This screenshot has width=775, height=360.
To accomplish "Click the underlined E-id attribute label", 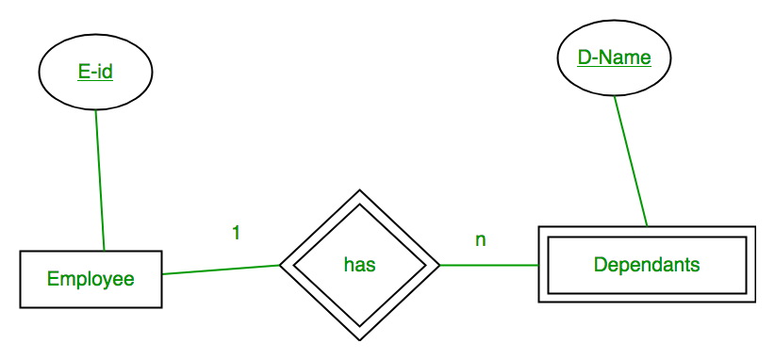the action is coord(95,73).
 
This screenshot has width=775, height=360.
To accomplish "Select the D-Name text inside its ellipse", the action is coord(615,57).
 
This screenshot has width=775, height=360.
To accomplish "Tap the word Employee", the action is coord(91,279).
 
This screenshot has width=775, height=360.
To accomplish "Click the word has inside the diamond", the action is coord(360,265).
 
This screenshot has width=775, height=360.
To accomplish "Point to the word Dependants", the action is coord(647,265).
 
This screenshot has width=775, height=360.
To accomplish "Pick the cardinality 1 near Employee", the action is coord(237,233).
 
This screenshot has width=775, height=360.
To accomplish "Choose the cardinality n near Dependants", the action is coord(481,240).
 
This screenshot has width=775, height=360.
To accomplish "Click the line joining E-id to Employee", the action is coord(100,180).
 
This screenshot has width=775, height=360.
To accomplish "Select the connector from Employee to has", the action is coord(221,270).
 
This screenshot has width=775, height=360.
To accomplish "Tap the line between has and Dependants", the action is coord(488,265).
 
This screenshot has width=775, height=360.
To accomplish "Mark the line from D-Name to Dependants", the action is coord(631,161).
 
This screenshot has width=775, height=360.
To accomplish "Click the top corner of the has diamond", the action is coord(360,189).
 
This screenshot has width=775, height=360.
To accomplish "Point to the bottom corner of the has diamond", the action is coord(360,340).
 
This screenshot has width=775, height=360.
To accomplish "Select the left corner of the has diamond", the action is coord(279,265).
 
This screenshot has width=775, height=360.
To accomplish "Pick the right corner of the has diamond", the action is coord(440,265).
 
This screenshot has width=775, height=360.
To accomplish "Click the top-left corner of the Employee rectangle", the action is coord(20,251).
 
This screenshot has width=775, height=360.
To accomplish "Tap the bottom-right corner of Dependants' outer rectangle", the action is coord(755,303).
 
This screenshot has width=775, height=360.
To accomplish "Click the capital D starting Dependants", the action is coord(600,265).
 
